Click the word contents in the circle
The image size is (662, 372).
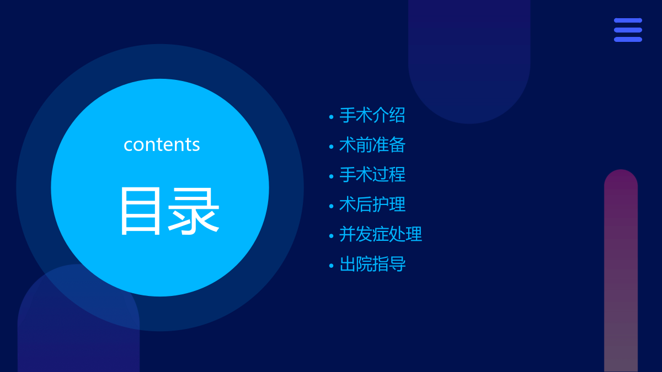[162, 144]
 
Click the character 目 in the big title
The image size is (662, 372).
[141, 211]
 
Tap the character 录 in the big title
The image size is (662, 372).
[194, 212]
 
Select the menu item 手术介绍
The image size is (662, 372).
[372, 115]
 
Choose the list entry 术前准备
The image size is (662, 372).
[372, 145]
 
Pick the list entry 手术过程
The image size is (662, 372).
[372, 175]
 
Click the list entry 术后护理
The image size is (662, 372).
[372, 204]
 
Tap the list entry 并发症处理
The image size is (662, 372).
[380, 234]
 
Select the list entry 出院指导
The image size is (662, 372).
[372, 264]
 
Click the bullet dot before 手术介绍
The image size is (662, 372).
[332, 117]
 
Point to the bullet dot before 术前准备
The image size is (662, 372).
[332, 147]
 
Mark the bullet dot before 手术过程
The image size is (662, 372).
[332, 176]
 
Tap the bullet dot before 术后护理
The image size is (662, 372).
[332, 206]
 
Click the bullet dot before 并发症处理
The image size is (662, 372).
[332, 236]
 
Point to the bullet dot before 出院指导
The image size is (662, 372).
[332, 266]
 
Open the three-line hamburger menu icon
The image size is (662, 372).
[628, 30]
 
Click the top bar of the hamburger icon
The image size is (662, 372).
[628, 20]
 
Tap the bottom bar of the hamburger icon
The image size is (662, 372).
[628, 40]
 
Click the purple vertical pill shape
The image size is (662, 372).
[621, 271]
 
